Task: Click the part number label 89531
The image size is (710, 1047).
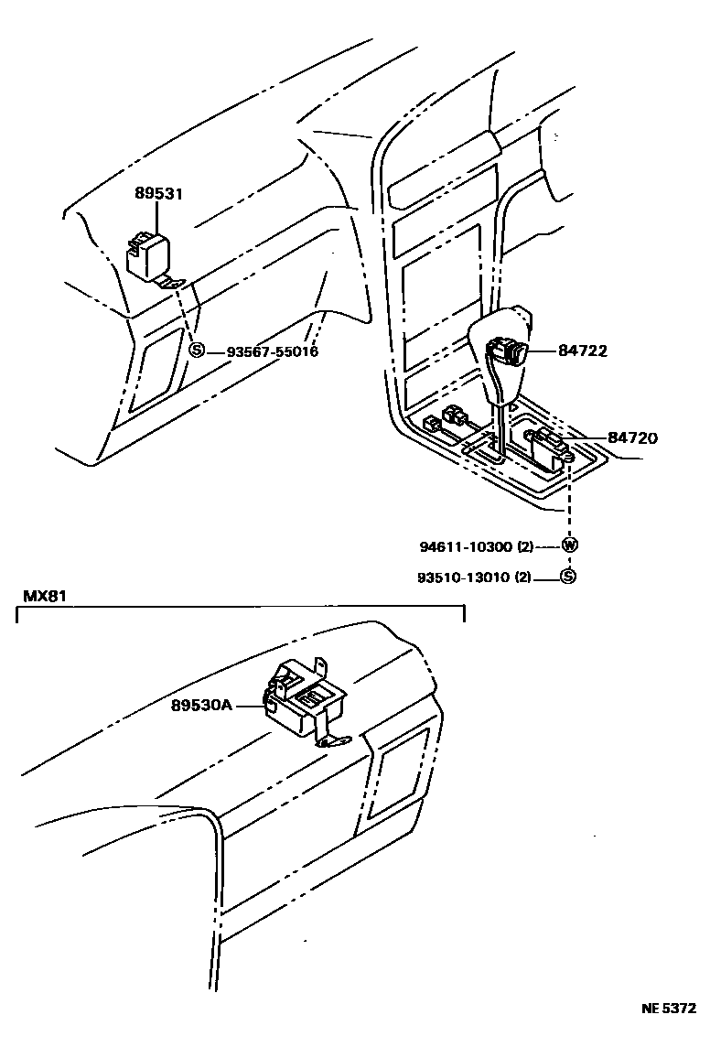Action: (159, 194)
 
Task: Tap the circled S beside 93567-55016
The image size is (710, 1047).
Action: (195, 351)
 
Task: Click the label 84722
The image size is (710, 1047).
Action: (583, 351)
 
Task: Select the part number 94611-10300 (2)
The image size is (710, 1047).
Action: (476, 546)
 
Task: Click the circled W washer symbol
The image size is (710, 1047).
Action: (570, 545)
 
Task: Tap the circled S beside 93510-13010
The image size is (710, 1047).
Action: (567, 577)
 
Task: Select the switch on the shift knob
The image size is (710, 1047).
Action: (508, 351)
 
